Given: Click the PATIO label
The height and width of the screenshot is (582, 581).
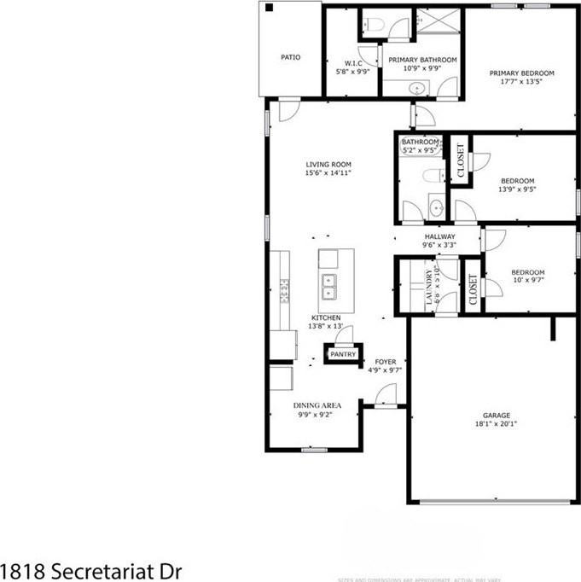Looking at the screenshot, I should pyautogui.click(x=290, y=58).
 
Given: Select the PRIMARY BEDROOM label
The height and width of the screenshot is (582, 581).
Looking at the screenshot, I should pyautogui.click(x=521, y=73).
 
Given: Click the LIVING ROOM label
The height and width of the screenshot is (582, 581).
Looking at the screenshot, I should pyautogui.click(x=328, y=164).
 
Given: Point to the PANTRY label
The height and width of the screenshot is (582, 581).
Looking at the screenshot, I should pyautogui.click(x=344, y=354).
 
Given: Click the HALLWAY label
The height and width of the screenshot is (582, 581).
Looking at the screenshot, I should pyautogui.click(x=439, y=236).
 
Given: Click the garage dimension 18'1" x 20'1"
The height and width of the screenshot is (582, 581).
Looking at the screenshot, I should pyautogui.click(x=496, y=423).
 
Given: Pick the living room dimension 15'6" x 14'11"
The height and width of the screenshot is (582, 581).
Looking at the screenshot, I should pyautogui.click(x=328, y=173).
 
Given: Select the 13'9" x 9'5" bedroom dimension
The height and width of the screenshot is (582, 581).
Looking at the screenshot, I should pyautogui.click(x=517, y=189).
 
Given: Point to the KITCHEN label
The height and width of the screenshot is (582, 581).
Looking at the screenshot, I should pyautogui.click(x=326, y=317).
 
